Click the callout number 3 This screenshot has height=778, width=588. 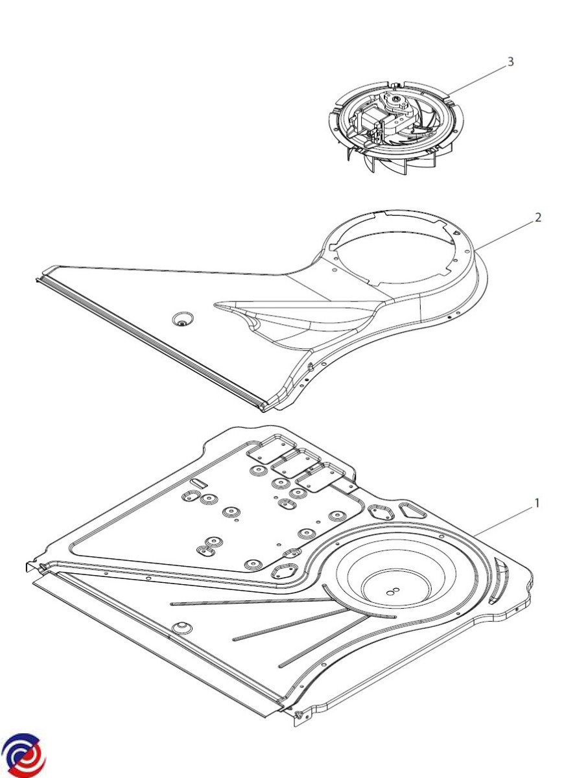510,62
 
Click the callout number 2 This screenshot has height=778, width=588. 537,217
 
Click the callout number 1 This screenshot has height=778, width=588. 537,503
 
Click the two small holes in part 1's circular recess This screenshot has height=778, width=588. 394,591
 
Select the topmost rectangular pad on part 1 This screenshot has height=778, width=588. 272,449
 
